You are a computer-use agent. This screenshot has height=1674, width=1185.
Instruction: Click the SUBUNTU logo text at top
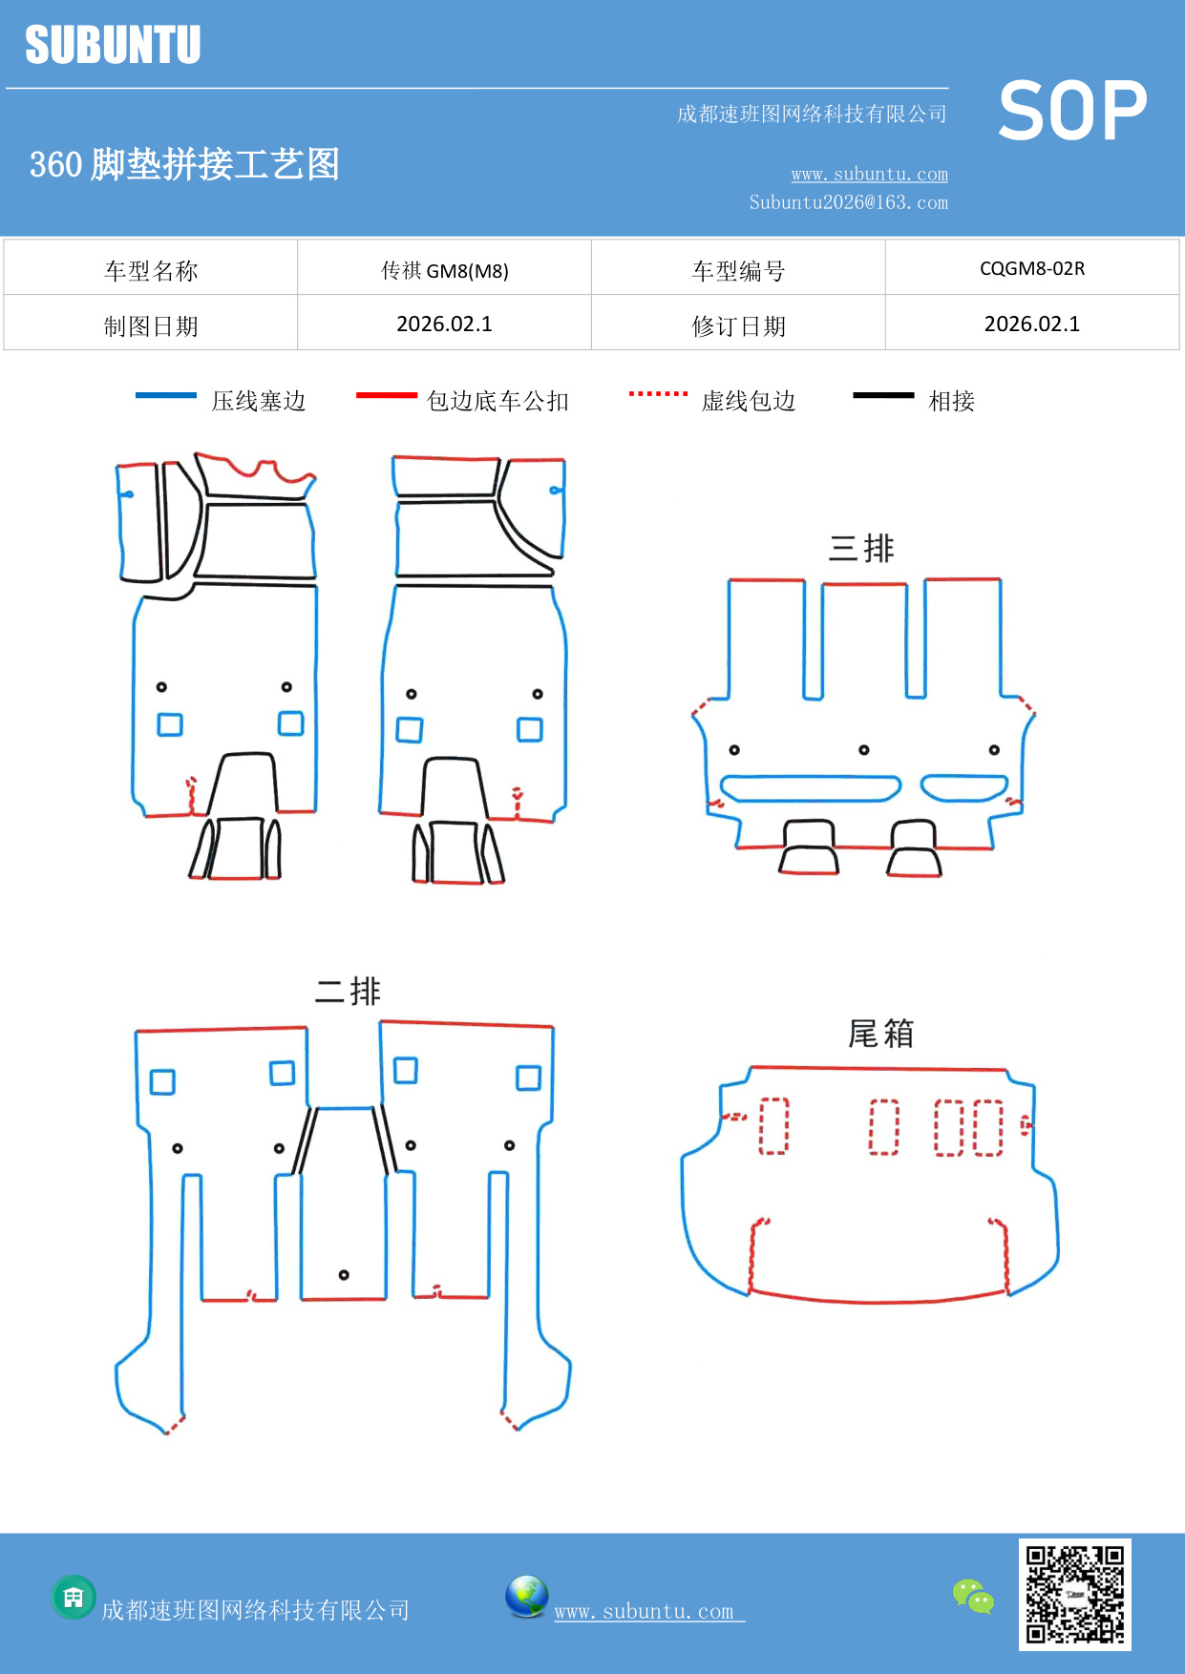(113, 45)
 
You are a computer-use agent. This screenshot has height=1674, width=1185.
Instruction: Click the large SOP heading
(1072, 111)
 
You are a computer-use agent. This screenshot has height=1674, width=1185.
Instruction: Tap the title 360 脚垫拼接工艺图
(184, 164)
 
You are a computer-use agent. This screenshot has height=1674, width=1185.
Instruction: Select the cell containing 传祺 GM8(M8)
(444, 270)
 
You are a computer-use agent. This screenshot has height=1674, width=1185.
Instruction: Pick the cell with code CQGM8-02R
(1032, 268)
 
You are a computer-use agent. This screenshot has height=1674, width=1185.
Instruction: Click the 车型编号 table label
(738, 271)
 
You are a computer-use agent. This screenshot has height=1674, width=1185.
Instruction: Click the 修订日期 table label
(738, 326)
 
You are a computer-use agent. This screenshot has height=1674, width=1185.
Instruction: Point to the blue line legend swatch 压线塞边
(166, 395)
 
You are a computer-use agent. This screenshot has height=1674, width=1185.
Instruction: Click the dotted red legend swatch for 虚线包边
(658, 393)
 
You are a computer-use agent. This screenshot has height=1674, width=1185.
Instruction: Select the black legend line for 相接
(883, 395)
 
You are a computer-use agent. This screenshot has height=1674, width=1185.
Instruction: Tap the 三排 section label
(861, 548)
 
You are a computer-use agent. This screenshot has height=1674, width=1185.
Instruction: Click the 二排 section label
(348, 991)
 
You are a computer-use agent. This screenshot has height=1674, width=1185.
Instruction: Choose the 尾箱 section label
(880, 1033)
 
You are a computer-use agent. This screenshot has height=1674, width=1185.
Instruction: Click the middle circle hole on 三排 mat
(864, 750)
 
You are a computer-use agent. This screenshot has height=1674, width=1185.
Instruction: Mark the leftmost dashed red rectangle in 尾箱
(773, 1126)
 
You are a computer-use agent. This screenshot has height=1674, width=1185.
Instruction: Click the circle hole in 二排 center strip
(344, 1275)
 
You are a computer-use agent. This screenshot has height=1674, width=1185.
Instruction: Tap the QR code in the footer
(1074, 1594)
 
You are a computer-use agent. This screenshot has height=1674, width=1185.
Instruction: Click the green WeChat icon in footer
(973, 1596)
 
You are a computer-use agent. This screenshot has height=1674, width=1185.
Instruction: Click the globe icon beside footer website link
(526, 1597)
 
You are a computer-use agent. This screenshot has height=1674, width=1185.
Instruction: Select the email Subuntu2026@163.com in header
(848, 202)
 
